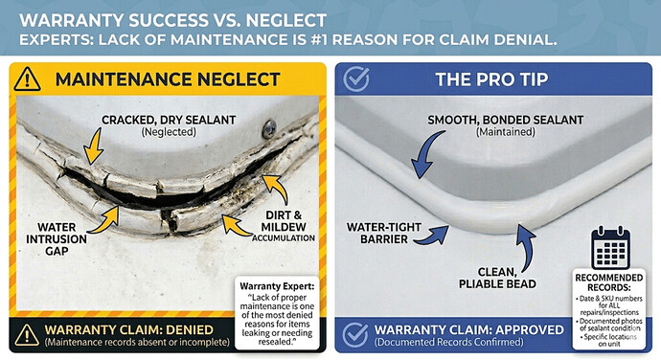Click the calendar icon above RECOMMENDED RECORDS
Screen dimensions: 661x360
pyautogui.click(x=609, y=247)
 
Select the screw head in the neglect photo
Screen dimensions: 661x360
pyautogui.click(x=270, y=125)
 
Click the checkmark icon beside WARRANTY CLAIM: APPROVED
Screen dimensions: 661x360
pyautogui.click(x=353, y=334)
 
